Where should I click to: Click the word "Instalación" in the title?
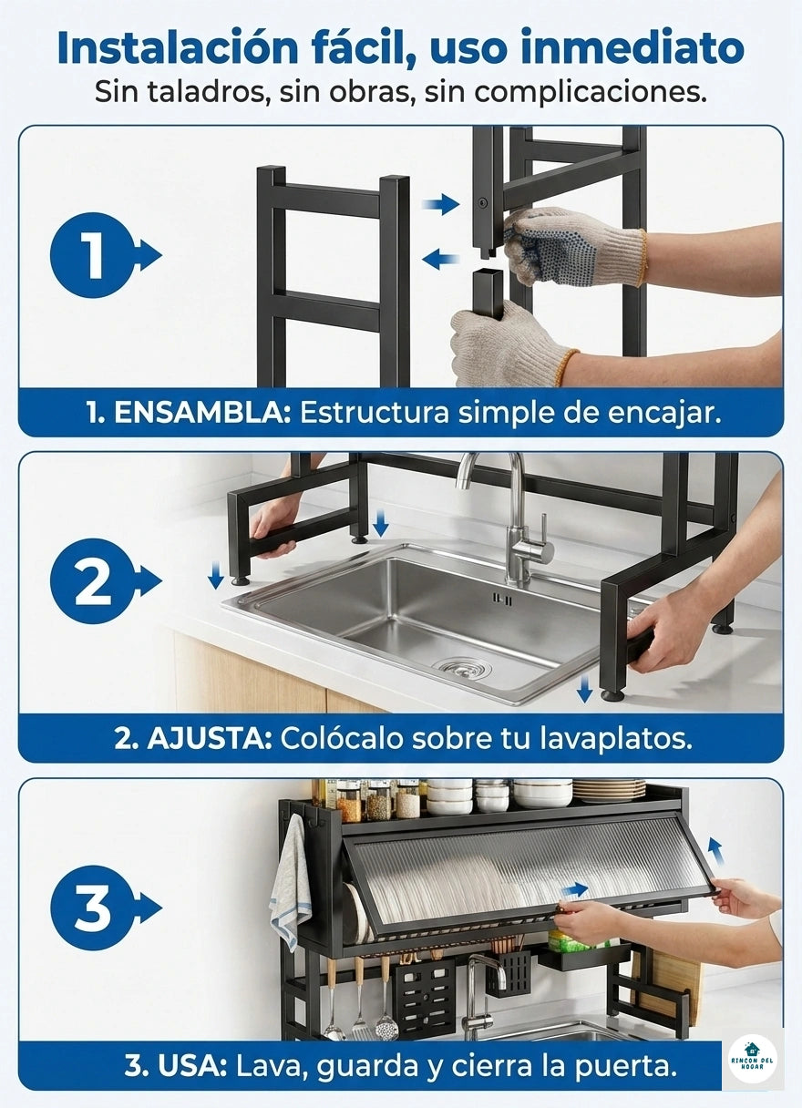point(178,47)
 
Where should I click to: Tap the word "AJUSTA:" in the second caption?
point(210,738)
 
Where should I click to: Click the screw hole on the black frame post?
point(481,201)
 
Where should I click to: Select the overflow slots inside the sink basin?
point(501,600)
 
